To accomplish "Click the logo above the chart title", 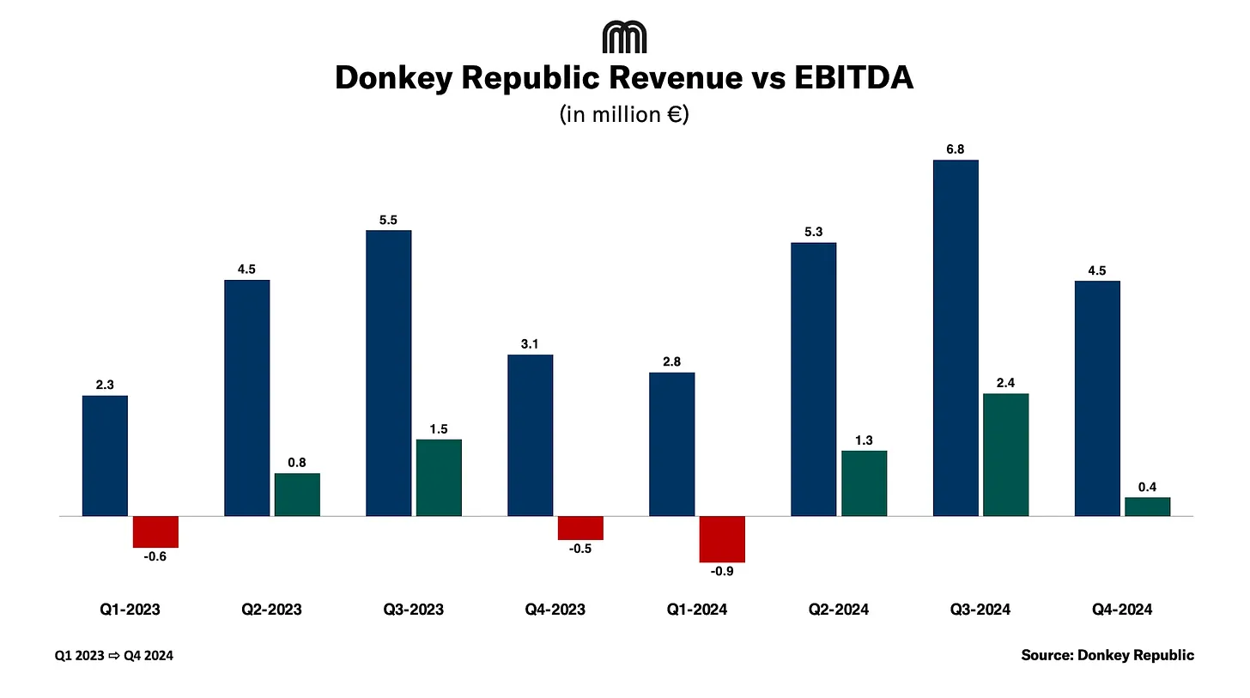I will pyautogui.click(x=624, y=38).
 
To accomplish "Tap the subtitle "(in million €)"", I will pyautogui.click(x=624, y=113).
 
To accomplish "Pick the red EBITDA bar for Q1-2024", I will pyautogui.click(x=722, y=538).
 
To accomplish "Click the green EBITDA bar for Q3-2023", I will pyautogui.click(x=439, y=477).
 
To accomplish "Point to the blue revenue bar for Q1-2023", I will pyautogui.click(x=105, y=455).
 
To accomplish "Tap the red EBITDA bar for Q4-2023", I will pyautogui.click(x=580, y=527).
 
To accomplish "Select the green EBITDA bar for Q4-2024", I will pyautogui.click(x=1148, y=507).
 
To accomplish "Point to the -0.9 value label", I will pyautogui.click(x=722, y=571).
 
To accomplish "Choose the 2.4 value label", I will pyautogui.click(x=1005, y=383).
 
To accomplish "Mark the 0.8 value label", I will pyautogui.click(x=297, y=462).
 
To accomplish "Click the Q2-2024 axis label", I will pyautogui.click(x=839, y=610).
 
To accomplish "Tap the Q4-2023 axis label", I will pyautogui.click(x=555, y=610).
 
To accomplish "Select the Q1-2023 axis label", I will pyautogui.click(x=130, y=610).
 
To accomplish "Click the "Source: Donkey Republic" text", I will pyautogui.click(x=1107, y=655).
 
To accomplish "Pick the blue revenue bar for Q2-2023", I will pyautogui.click(x=247, y=398).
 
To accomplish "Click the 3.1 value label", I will pyautogui.click(x=530, y=344).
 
